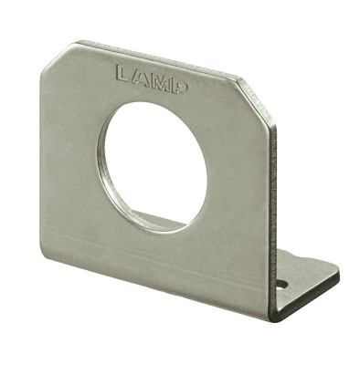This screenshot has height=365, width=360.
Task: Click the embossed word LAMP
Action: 153,78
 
